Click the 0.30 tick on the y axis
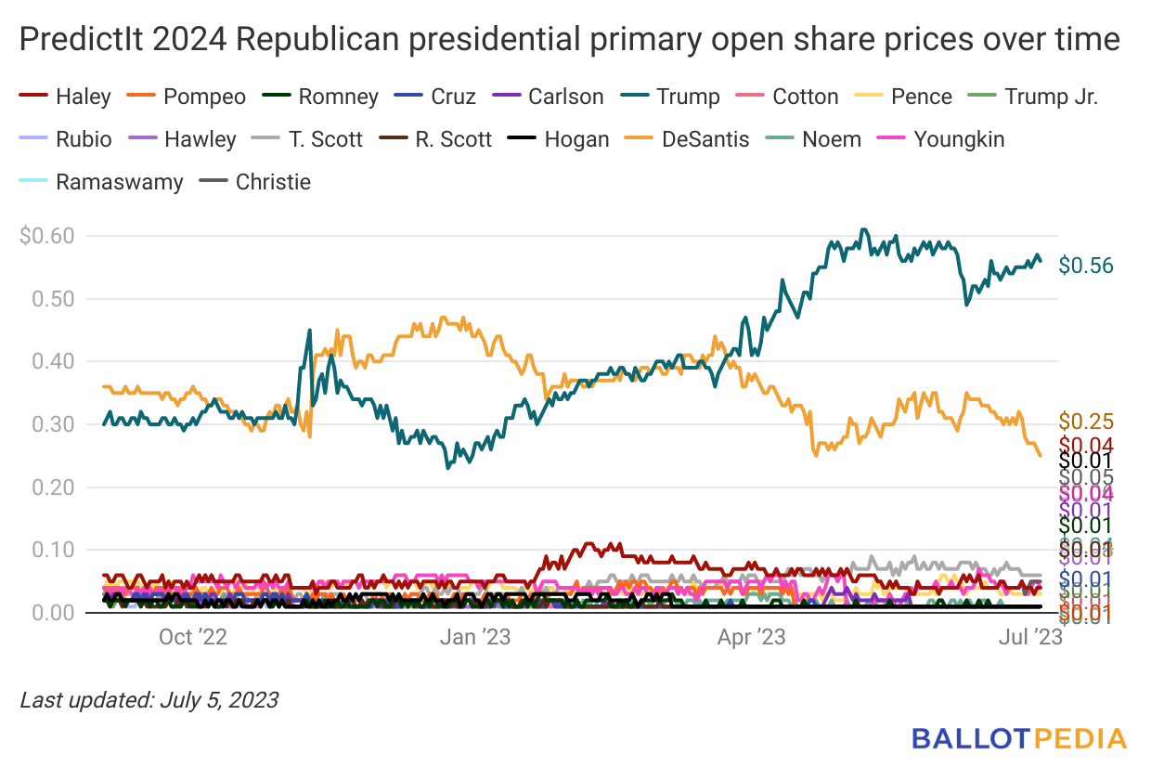[x=53, y=424]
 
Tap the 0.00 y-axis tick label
[x=53, y=613]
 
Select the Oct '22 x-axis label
[x=193, y=637]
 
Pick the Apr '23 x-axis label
[x=752, y=637]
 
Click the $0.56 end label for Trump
[x=1086, y=266]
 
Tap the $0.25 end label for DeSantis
[x=1086, y=422]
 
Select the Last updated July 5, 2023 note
[x=149, y=699]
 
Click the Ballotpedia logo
[x=1018, y=739]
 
